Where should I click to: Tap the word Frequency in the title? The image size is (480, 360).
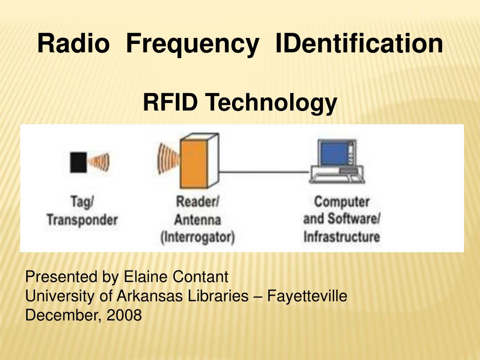pos(193,45)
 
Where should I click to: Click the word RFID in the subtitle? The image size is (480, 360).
pos(170,102)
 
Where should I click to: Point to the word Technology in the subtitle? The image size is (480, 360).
pos(271,104)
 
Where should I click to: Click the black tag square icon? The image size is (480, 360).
pos(78,162)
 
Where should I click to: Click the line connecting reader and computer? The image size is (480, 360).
pos(264,172)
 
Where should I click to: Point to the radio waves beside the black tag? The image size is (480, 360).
pos(98,162)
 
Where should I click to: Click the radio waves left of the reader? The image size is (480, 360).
pos(168,158)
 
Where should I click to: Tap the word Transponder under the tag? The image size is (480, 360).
pos(82,220)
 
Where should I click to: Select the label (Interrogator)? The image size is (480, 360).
pos(198,238)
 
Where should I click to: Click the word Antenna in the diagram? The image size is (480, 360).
pos(197,220)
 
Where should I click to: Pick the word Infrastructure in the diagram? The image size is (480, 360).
pos(342,237)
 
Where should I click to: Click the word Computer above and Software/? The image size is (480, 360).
pos(342,202)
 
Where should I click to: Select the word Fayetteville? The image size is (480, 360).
pos(307,296)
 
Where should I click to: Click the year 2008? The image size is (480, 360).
pos(124,315)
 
